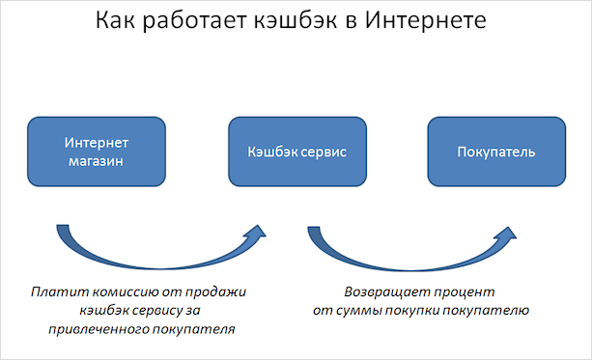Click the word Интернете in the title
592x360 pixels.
point(425,21)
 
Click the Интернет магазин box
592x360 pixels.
point(97,152)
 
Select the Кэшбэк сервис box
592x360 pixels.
point(296,152)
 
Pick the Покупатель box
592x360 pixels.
point(495,152)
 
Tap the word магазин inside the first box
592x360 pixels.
point(97,161)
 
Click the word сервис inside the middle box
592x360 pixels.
point(321,152)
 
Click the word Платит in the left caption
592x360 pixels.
point(51,291)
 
